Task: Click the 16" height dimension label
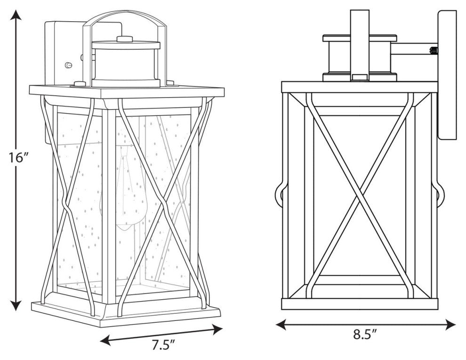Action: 16,158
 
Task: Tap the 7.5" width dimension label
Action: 163,346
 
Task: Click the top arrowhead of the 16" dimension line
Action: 16,15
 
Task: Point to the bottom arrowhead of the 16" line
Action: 16,305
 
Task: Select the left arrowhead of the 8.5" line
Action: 281,324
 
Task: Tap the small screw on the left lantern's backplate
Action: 68,65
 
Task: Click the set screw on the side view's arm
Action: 434,50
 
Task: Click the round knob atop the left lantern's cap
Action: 125,39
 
